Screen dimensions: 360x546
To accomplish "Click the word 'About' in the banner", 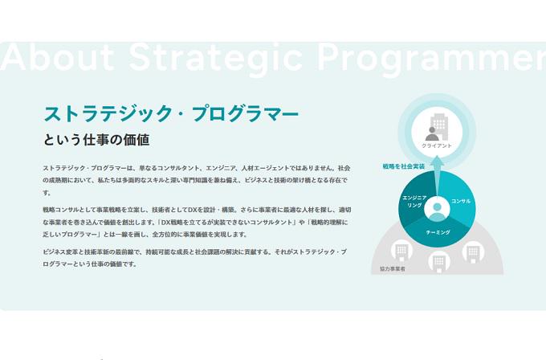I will point(56,58).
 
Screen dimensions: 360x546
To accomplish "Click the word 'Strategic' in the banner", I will point(214,58).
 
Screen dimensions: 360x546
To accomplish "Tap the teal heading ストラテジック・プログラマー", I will point(171,113).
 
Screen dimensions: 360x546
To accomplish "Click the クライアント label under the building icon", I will point(437,145).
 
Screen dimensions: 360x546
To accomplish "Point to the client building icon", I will point(438,127).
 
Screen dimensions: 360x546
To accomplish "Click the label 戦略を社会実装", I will point(403,166).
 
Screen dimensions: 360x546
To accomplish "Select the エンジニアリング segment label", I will point(413,201).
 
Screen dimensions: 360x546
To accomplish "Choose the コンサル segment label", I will point(462,200).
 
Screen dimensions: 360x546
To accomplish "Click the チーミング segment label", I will point(438,231).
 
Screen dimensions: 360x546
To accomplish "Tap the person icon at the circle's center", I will point(438,209).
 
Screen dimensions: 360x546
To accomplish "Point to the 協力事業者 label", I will point(393,269).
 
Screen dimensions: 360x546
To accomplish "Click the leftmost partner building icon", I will point(399,252).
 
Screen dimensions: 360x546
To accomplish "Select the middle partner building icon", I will point(438,260).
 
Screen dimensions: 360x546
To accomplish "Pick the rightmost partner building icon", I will point(473,251).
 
